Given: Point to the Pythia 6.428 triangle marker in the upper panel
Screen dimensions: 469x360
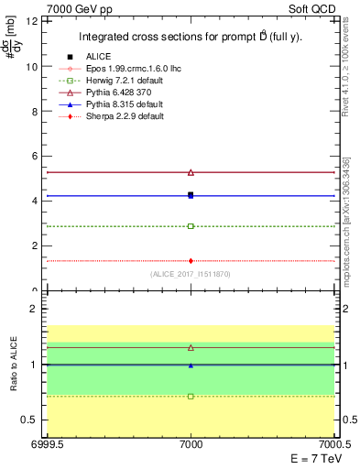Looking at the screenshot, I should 191,172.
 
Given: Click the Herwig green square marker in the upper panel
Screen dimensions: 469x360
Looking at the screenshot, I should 191,225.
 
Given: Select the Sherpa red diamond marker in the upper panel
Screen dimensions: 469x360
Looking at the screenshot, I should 191,261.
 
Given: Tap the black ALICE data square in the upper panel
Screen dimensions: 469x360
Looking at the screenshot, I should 191,194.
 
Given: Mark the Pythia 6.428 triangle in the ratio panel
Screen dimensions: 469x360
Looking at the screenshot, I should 191,348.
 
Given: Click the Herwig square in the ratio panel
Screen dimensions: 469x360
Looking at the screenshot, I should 191,397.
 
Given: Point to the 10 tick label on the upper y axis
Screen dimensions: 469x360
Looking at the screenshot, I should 32,67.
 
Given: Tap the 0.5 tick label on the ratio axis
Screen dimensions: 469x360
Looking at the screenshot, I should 30,420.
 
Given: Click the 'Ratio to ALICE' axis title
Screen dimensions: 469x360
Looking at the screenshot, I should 14,365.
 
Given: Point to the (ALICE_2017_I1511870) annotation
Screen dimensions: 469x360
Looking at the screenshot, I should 191,274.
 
